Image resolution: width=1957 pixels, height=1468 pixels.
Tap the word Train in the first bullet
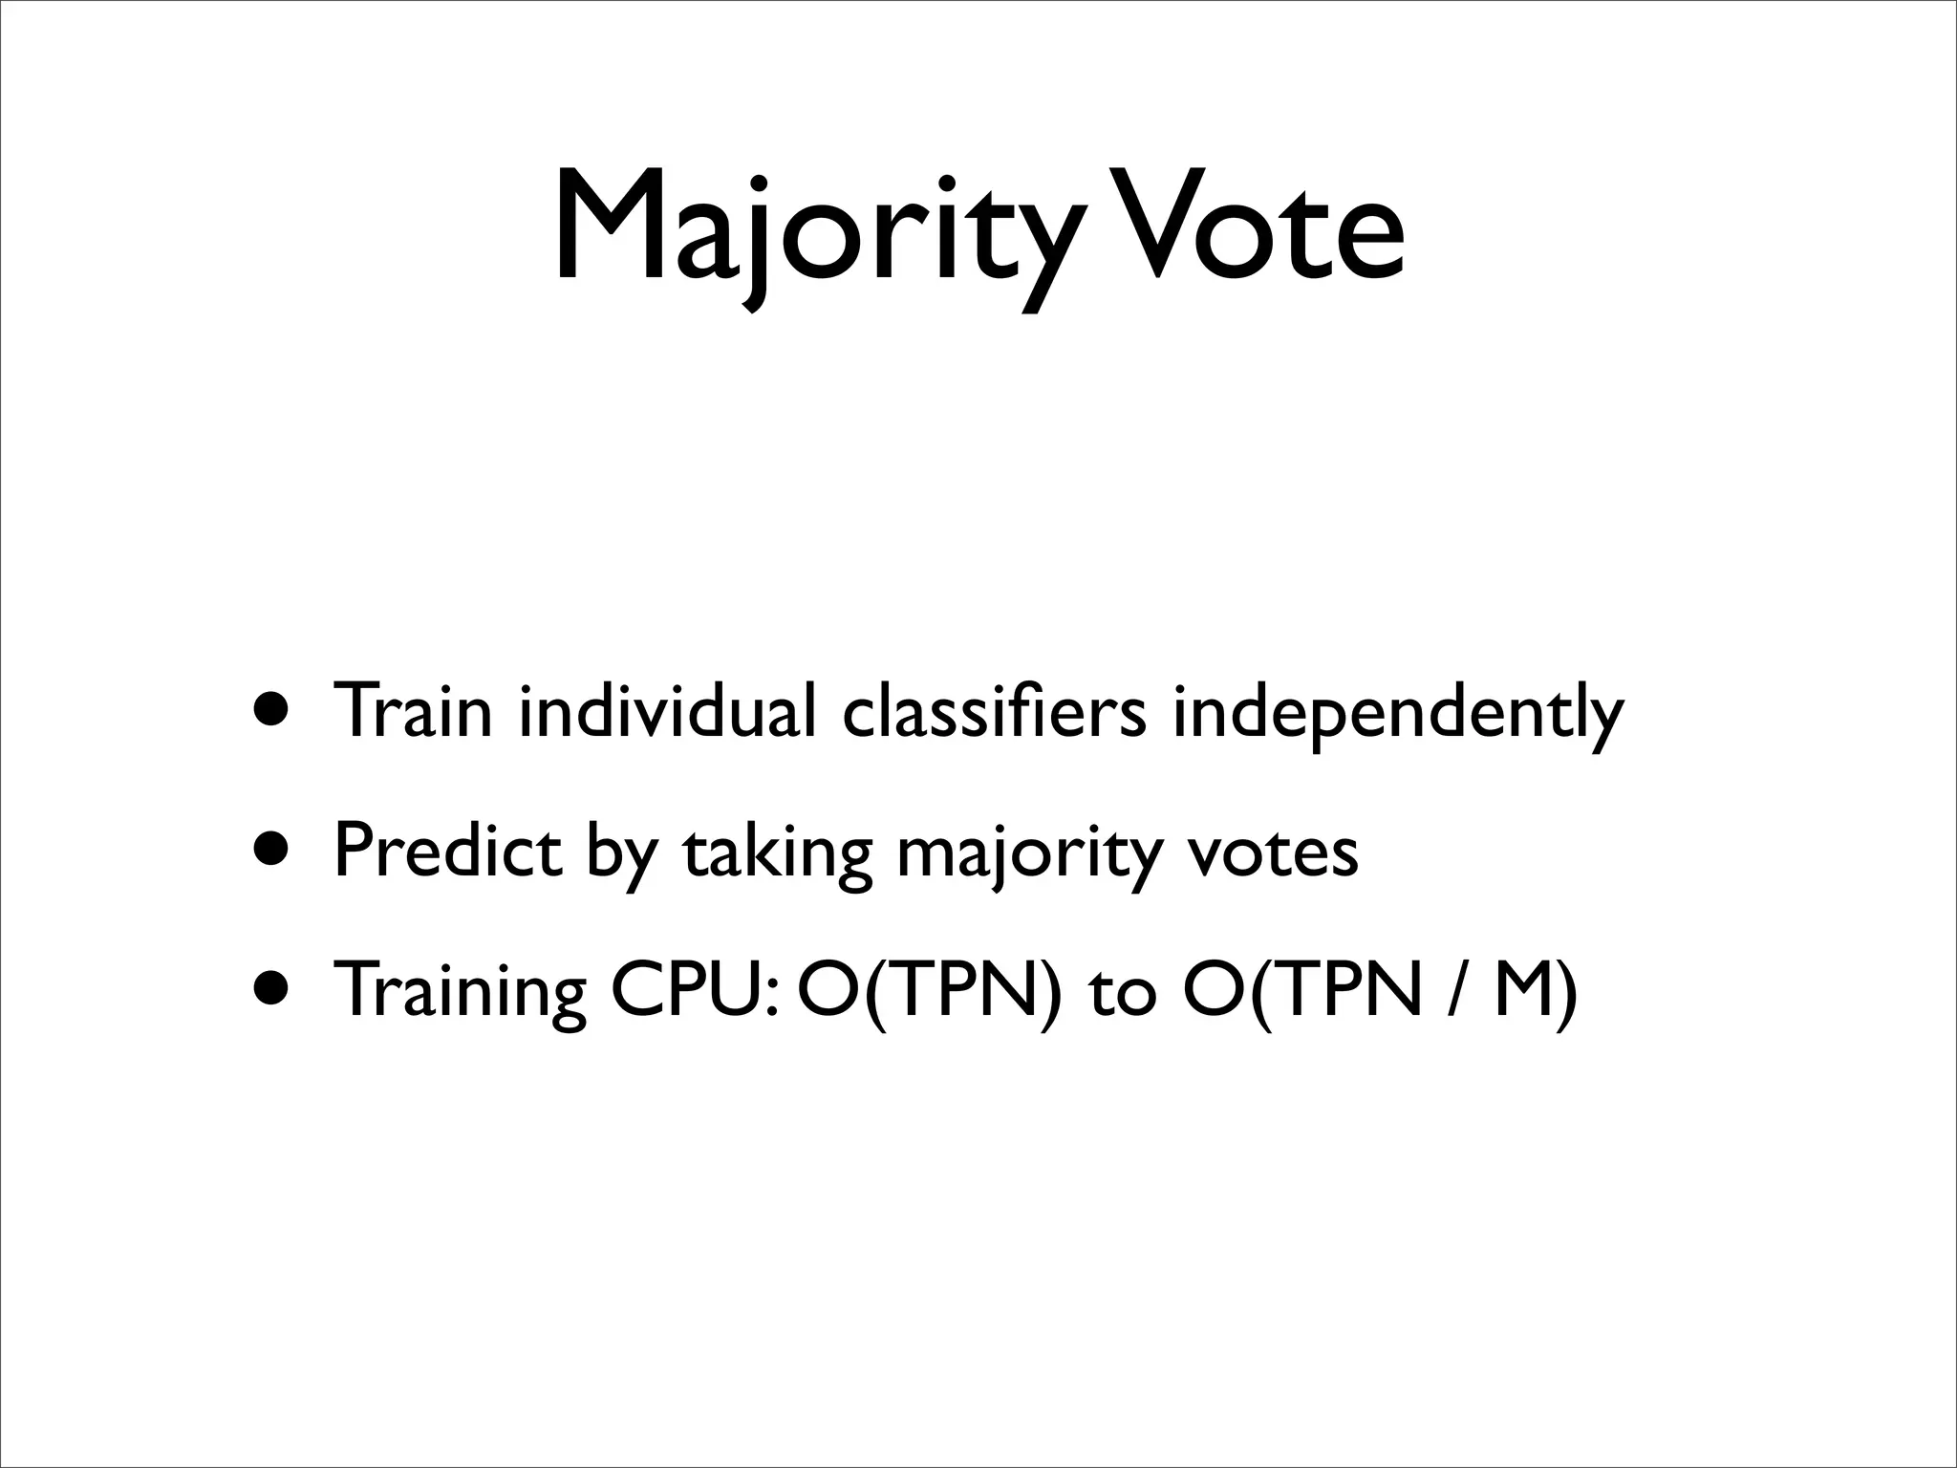click(412, 711)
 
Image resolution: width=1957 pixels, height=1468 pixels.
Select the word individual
click(667, 711)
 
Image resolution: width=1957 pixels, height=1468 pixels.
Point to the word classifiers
click(994, 711)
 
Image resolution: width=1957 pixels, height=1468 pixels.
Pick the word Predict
click(447, 851)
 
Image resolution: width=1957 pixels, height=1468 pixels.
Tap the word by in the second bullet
click(622, 854)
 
